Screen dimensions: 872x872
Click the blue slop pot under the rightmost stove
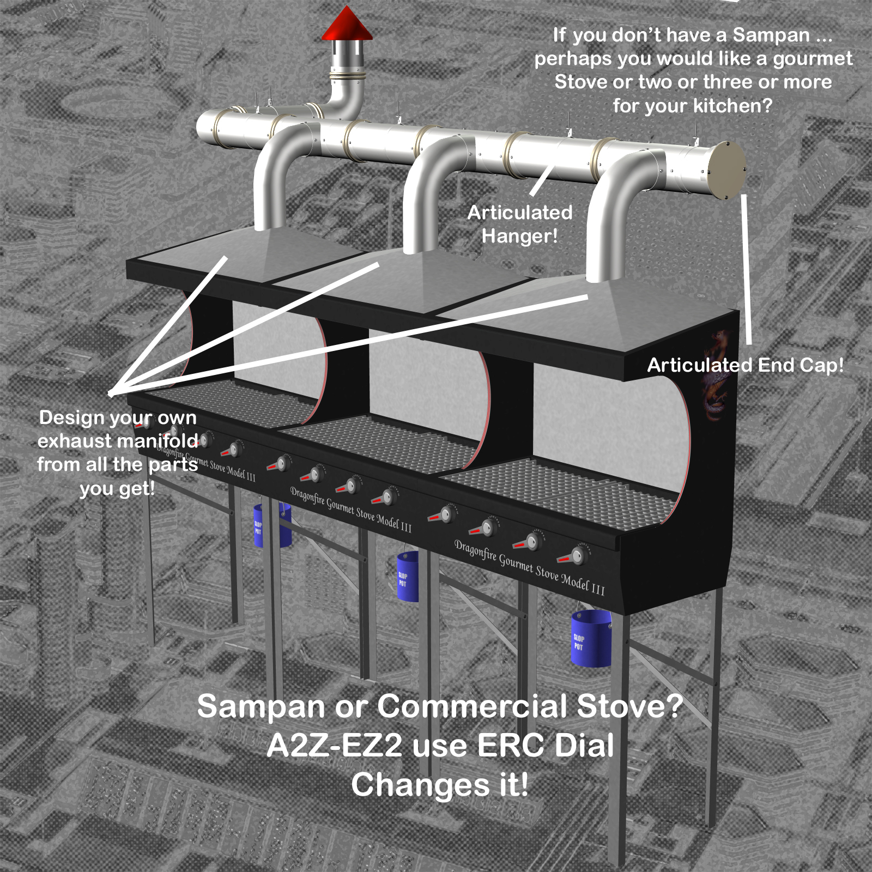click(x=591, y=638)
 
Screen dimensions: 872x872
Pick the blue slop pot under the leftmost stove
click(x=272, y=525)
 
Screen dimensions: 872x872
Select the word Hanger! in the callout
click(x=520, y=237)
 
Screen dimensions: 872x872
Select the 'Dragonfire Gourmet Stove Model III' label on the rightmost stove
click(x=529, y=567)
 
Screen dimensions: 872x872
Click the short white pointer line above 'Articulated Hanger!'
click(x=542, y=180)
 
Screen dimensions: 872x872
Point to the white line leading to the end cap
click(x=746, y=269)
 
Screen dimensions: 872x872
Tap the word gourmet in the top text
click(x=813, y=59)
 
